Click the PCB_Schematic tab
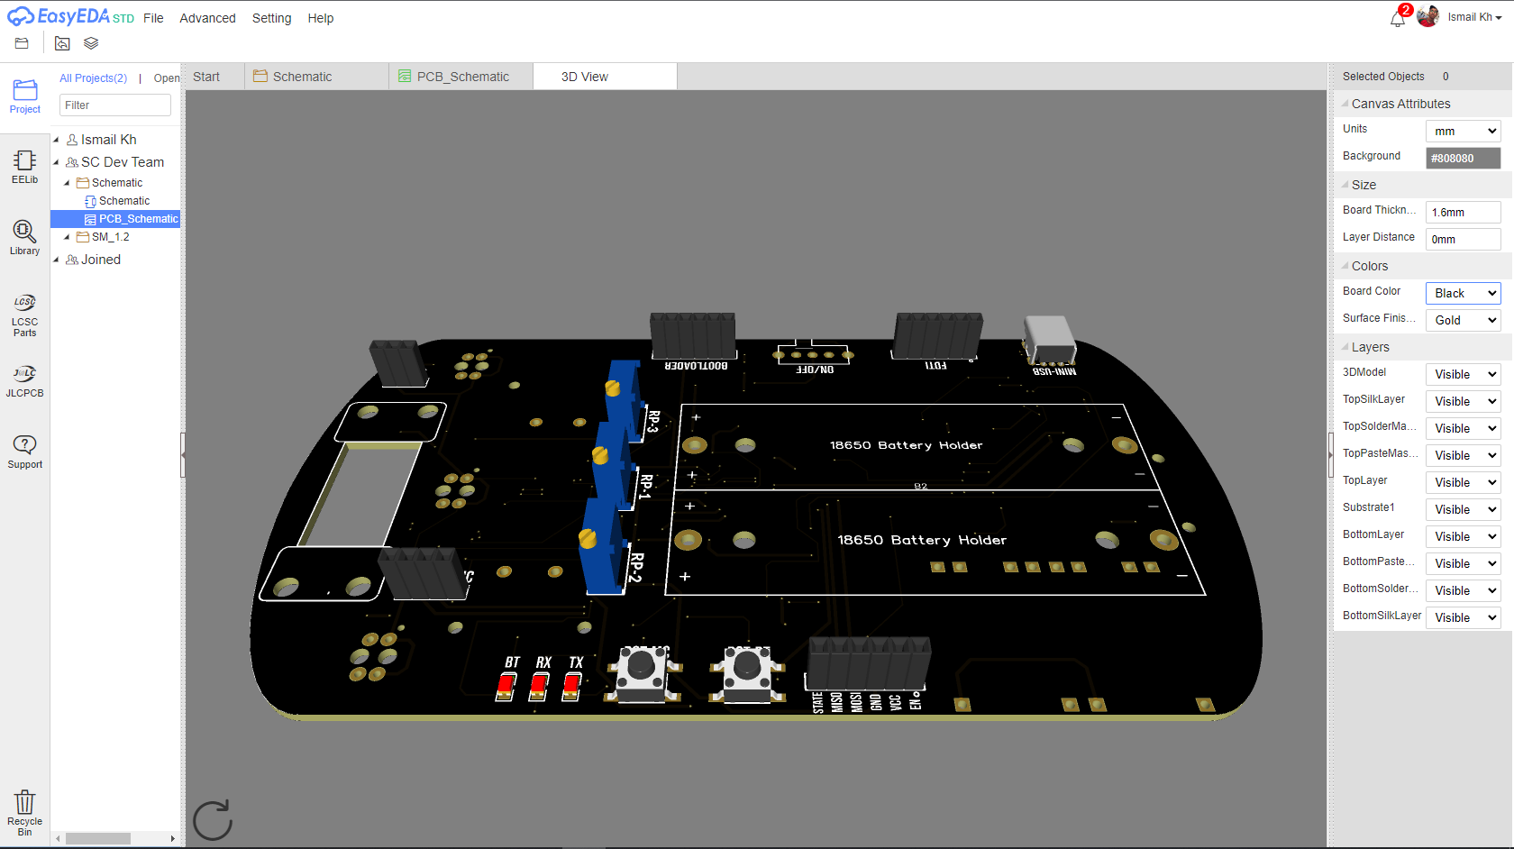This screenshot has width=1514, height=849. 461,77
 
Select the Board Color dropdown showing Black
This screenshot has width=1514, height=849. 1463,293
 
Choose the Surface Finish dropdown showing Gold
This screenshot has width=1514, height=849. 1463,320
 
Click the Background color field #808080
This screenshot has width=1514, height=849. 1463,158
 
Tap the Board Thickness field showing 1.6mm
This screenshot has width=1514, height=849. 1463,212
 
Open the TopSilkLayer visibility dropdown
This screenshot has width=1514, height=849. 1463,401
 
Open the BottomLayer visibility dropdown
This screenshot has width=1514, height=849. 1463,536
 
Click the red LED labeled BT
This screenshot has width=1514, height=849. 506,687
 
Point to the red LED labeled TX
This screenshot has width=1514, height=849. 571,687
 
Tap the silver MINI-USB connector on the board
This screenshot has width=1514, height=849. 1049,340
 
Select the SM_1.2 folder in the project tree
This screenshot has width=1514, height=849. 110,237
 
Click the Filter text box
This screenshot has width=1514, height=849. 115,105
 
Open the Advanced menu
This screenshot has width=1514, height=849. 207,18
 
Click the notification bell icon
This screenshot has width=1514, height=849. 1398,19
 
